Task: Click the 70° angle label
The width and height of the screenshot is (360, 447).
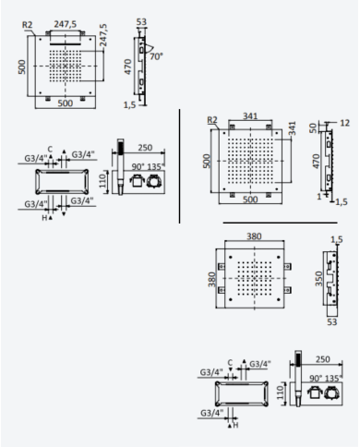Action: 156,56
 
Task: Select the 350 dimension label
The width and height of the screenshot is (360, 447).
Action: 318,279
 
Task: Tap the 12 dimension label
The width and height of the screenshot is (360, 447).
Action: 345,123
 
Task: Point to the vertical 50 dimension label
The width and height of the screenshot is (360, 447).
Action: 313,127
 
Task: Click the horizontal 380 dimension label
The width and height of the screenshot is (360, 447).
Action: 254,236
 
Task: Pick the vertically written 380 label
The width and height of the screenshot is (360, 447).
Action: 211,279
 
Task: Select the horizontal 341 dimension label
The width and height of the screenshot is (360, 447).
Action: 250,116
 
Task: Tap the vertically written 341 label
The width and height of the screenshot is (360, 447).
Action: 293,128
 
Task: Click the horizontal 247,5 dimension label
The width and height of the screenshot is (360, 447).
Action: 66,24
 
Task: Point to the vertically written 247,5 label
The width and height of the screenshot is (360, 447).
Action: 103,35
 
